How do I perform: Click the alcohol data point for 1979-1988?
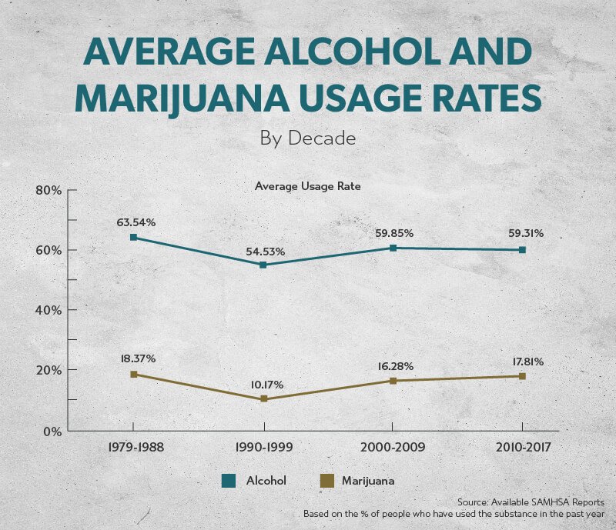click(133, 237)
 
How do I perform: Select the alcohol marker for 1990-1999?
click(263, 265)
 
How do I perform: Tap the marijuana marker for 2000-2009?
click(393, 381)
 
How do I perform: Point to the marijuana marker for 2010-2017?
click(522, 376)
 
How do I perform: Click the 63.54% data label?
click(136, 222)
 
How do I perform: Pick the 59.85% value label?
click(396, 232)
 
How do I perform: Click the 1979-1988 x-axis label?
click(133, 447)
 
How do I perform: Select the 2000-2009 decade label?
click(393, 447)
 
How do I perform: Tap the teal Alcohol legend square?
click(228, 481)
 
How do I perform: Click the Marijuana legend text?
click(368, 481)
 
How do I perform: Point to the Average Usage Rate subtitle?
click(307, 186)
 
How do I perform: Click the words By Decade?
click(307, 139)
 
